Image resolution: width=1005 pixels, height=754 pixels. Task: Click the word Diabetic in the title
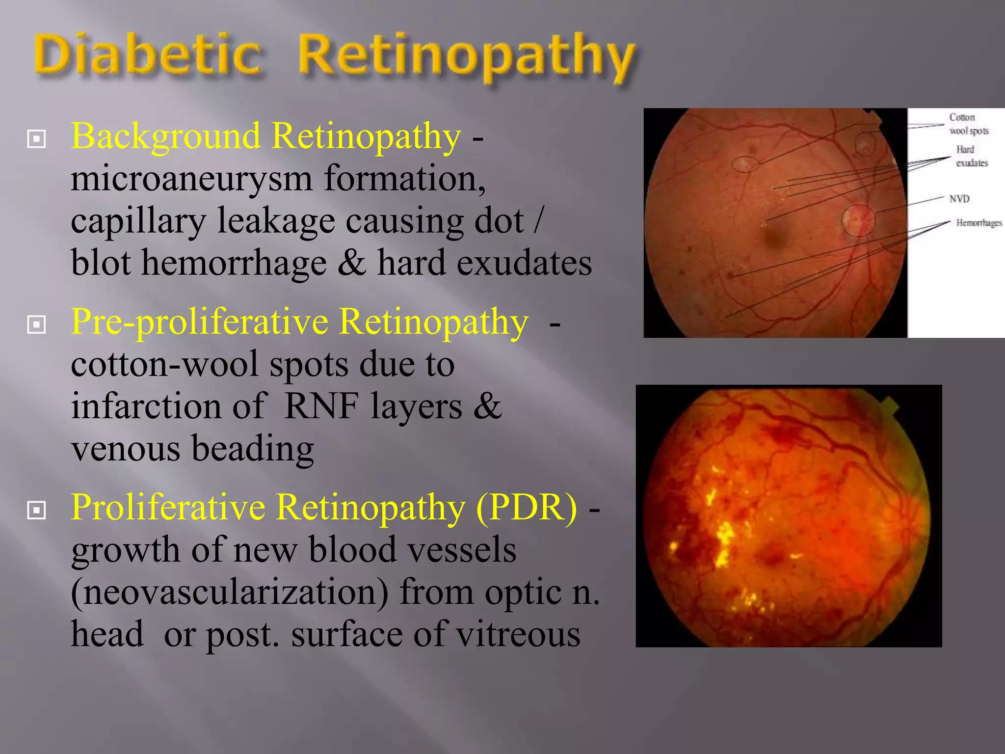pos(147,55)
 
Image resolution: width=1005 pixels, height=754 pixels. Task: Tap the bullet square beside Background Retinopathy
pos(37,139)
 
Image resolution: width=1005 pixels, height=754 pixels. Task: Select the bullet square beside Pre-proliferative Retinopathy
pos(37,324)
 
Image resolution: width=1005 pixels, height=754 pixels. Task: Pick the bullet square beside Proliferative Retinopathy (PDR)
pos(37,510)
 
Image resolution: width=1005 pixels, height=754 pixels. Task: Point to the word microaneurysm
pos(191,179)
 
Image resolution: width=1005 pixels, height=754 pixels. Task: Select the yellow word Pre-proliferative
pos(199,323)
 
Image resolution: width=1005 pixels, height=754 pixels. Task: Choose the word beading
pos(252,449)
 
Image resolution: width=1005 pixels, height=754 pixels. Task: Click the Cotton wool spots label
pos(968,124)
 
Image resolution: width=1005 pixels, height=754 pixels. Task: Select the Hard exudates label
pos(971,157)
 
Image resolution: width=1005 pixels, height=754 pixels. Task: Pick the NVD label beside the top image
pos(959,199)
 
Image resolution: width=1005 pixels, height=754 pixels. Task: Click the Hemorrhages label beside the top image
pos(979,223)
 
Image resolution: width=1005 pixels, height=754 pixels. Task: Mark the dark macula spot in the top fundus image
pos(775,238)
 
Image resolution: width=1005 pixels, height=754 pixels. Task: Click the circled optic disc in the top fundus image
pos(858,220)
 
